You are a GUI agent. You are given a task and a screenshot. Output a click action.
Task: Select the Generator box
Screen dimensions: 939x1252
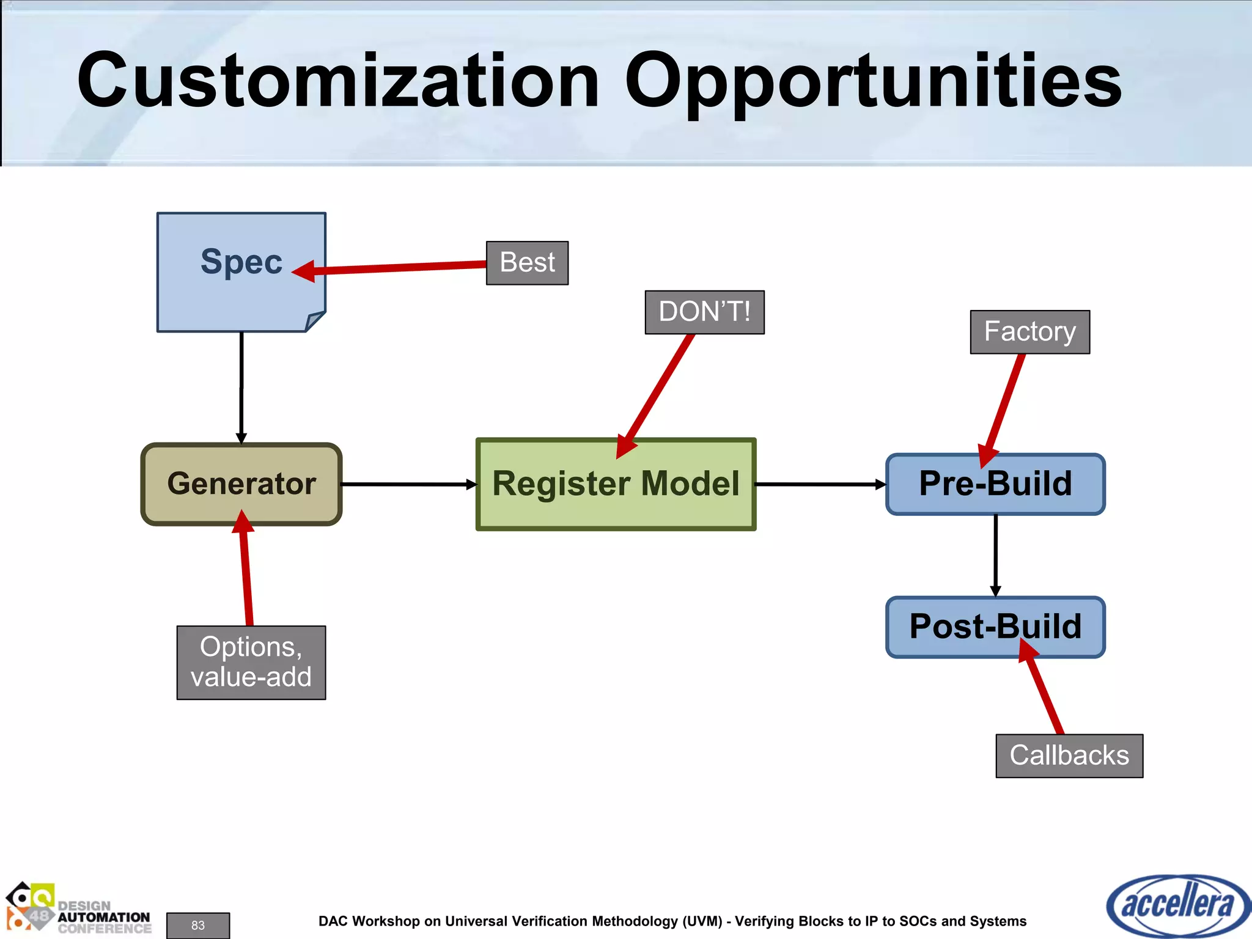click(241, 484)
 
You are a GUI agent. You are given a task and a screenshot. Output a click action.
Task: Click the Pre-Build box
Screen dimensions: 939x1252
click(995, 484)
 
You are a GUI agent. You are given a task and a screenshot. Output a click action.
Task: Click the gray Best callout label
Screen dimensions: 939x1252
click(527, 263)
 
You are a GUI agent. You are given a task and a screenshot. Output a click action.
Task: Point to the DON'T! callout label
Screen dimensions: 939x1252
click(704, 312)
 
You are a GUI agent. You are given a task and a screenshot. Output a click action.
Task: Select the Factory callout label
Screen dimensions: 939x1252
click(1029, 331)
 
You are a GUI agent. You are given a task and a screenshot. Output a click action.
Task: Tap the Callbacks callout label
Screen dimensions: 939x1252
click(1069, 756)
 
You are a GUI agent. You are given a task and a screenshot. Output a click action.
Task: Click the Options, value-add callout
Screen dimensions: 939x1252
click(251, 662)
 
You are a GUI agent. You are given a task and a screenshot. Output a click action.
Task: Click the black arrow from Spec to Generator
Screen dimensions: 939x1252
click(241, 385)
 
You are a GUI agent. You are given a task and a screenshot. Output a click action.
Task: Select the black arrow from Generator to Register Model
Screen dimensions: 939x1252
click(407, 484)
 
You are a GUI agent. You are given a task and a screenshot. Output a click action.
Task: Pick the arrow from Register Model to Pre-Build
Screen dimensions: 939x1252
click(819, 484)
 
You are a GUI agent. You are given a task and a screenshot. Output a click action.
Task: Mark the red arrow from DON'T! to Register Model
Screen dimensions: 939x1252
click(657, 391)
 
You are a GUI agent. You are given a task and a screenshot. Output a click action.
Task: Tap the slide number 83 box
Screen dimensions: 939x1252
click(198, 925)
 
